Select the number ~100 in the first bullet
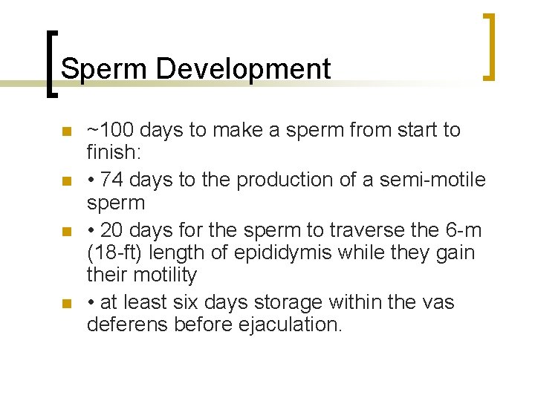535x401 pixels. pyautogui.click(x=110, y=131)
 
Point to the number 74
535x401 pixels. pyautogui.click(x=111, y=180)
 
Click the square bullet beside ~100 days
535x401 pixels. pyautogui.click(x=67, y=132)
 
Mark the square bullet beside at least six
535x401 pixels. pyautogui.click(x=67, y=304)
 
